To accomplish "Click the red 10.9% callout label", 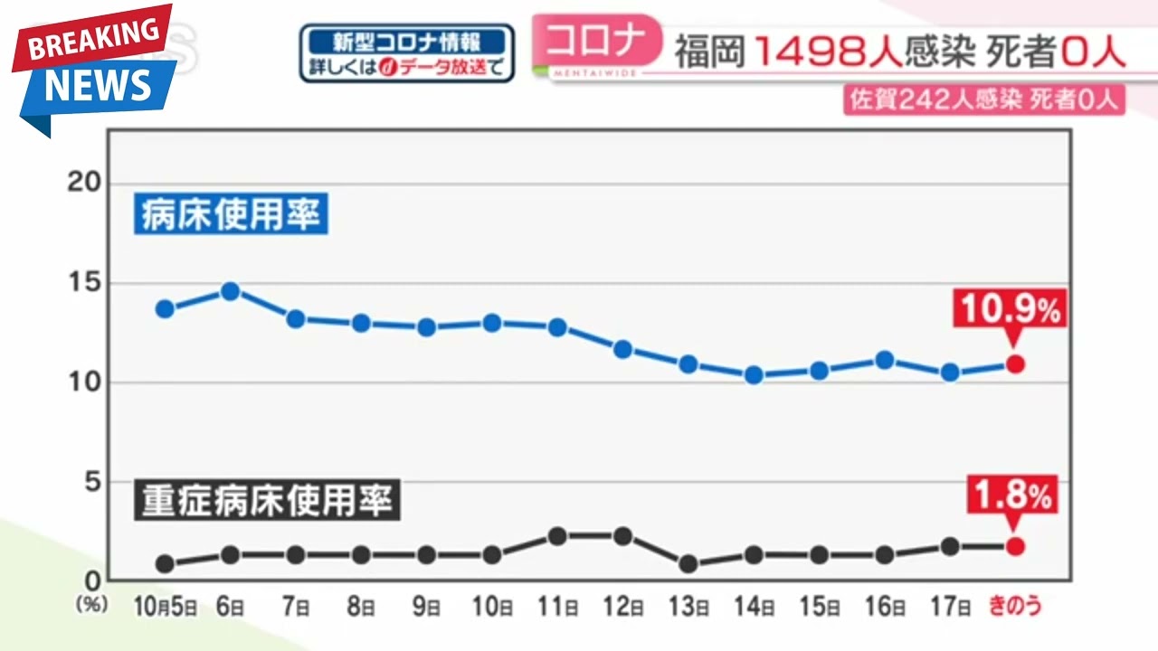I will coord(1010,310).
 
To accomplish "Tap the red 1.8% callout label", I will coord(1012,495).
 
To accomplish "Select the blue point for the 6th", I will coord(230,291).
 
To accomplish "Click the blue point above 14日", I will coord(754,375).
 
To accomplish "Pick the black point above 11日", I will coord(557,536).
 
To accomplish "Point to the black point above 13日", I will coord(688,563).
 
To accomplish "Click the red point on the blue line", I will coord(1015,364).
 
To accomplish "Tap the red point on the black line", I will coord(1015,546).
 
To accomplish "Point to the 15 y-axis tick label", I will coord(83,283).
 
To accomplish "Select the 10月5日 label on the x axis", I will coord(165,606).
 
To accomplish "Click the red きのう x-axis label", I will coord(1015,606).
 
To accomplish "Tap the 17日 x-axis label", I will coord(949,606).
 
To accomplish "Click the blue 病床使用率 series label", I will coord(232,215).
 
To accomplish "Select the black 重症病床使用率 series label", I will coord(269,500).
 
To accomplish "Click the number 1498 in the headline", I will coord(826,53).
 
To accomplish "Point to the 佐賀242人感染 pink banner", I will coord(984,99).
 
